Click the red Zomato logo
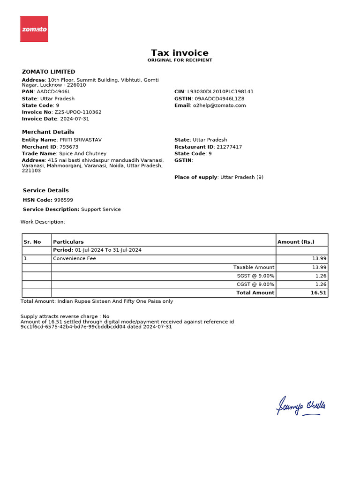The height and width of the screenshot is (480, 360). point(34,29)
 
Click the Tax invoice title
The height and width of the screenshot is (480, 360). point(180,53)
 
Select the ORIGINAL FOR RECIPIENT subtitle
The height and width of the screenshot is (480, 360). point(180,60)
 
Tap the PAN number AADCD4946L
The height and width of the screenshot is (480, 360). point(53,92)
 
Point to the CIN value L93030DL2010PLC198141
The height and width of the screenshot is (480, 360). point(220,92)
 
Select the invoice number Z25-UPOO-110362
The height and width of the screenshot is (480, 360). point(78,112)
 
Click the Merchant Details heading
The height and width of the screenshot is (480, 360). point(48,132)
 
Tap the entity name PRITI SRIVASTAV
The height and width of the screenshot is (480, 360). point(80,140)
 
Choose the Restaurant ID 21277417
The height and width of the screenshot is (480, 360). point(229,147)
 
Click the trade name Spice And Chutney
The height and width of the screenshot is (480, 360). point(82,154)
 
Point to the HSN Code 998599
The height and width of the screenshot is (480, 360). point(63,200)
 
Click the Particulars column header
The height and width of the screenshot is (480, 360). point(68,242)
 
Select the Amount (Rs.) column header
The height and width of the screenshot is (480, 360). point(296,242)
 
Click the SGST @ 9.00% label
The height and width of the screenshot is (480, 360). point(255,276)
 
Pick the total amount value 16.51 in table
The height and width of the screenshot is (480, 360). point(318,292)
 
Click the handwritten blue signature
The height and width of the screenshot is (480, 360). point(301,406)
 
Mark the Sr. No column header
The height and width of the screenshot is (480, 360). point(32,242)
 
